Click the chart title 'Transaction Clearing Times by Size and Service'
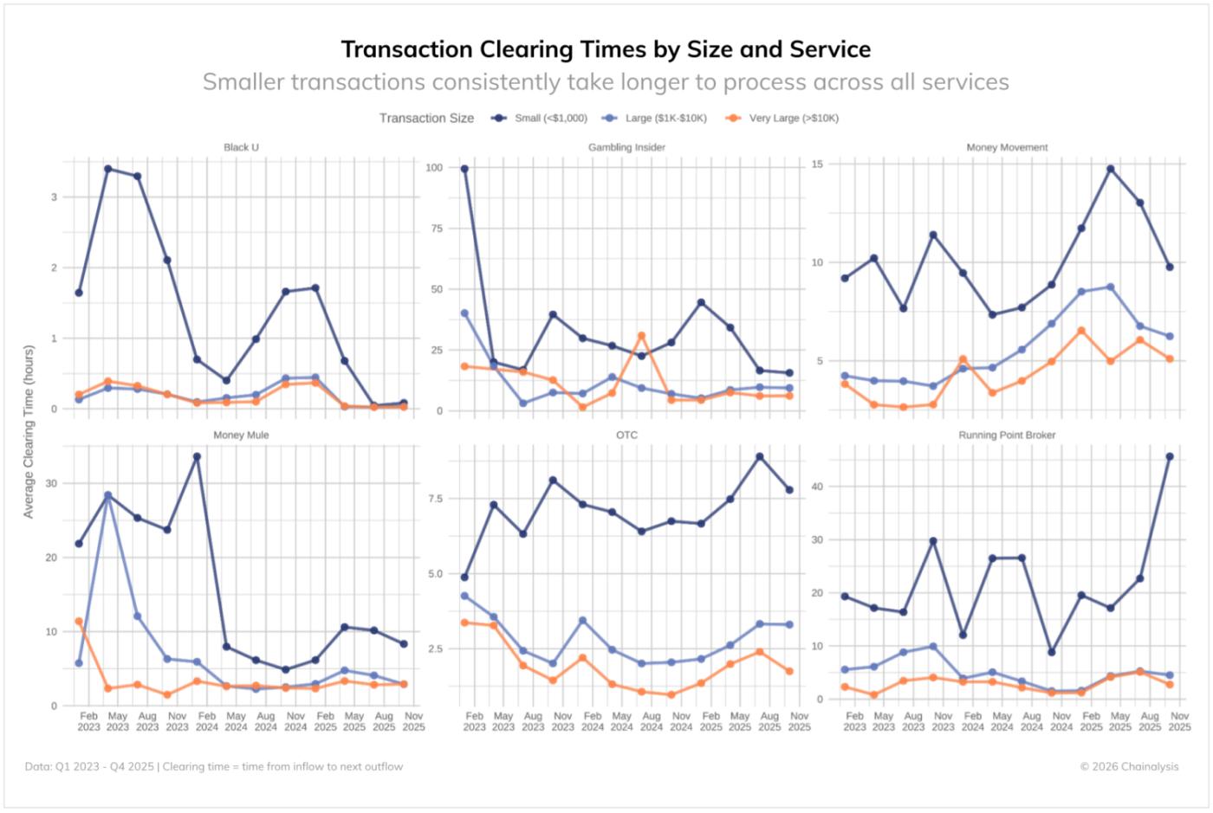point(606,49)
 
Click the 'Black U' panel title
point(241,147)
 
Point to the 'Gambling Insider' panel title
point(626,147)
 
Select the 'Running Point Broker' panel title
point(1007,435)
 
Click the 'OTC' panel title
point(626,435)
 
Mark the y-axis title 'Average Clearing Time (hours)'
point(29,431)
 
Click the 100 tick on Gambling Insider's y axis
point(434,168)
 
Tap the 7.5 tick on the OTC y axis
point(435,499)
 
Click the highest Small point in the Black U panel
point(108,169)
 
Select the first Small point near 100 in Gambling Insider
point(464,169)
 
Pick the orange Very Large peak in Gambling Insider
point(642,336)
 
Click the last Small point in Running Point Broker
point(1170,456)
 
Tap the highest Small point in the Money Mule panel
point(197,456)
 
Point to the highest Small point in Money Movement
point(1111,169)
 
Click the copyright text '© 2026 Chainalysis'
point(1129,766)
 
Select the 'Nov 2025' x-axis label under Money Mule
point(413,721)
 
